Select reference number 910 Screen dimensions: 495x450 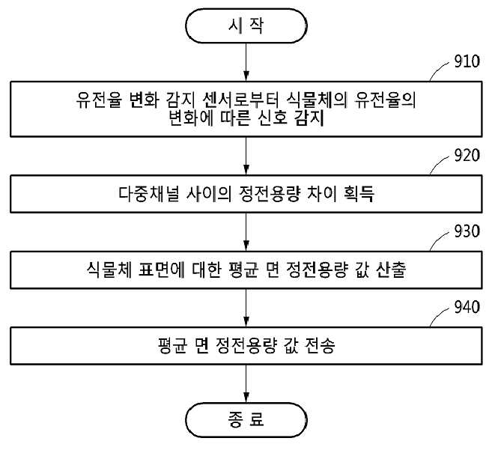467,61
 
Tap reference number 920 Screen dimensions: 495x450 467,155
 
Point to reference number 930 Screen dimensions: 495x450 467,231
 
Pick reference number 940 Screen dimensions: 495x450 467,307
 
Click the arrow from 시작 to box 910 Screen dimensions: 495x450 246,62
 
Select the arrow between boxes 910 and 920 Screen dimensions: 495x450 246,156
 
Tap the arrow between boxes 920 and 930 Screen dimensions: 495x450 246,232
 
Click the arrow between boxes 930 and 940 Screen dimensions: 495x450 246,308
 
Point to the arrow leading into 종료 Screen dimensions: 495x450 246,383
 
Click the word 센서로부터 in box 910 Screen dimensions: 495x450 240,100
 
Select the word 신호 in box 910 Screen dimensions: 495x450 273,118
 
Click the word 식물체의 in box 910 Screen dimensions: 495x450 317,100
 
